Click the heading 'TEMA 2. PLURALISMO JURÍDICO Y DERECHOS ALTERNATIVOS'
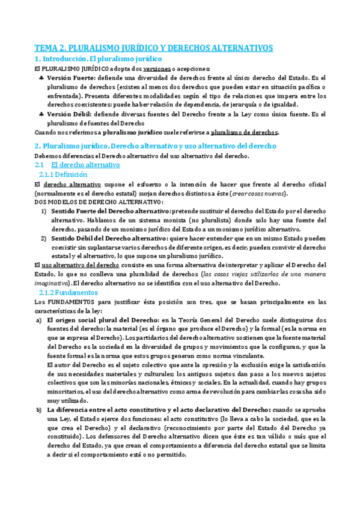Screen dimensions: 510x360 [153, 48]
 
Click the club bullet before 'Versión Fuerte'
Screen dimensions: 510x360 [40, 79]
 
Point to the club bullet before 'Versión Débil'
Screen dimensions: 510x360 [40, 114]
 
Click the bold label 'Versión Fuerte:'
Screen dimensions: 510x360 [70, 79]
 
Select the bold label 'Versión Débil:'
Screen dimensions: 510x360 [69, 114]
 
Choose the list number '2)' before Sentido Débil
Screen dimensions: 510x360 [43, 238]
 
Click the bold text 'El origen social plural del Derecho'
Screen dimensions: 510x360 [103, 321]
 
